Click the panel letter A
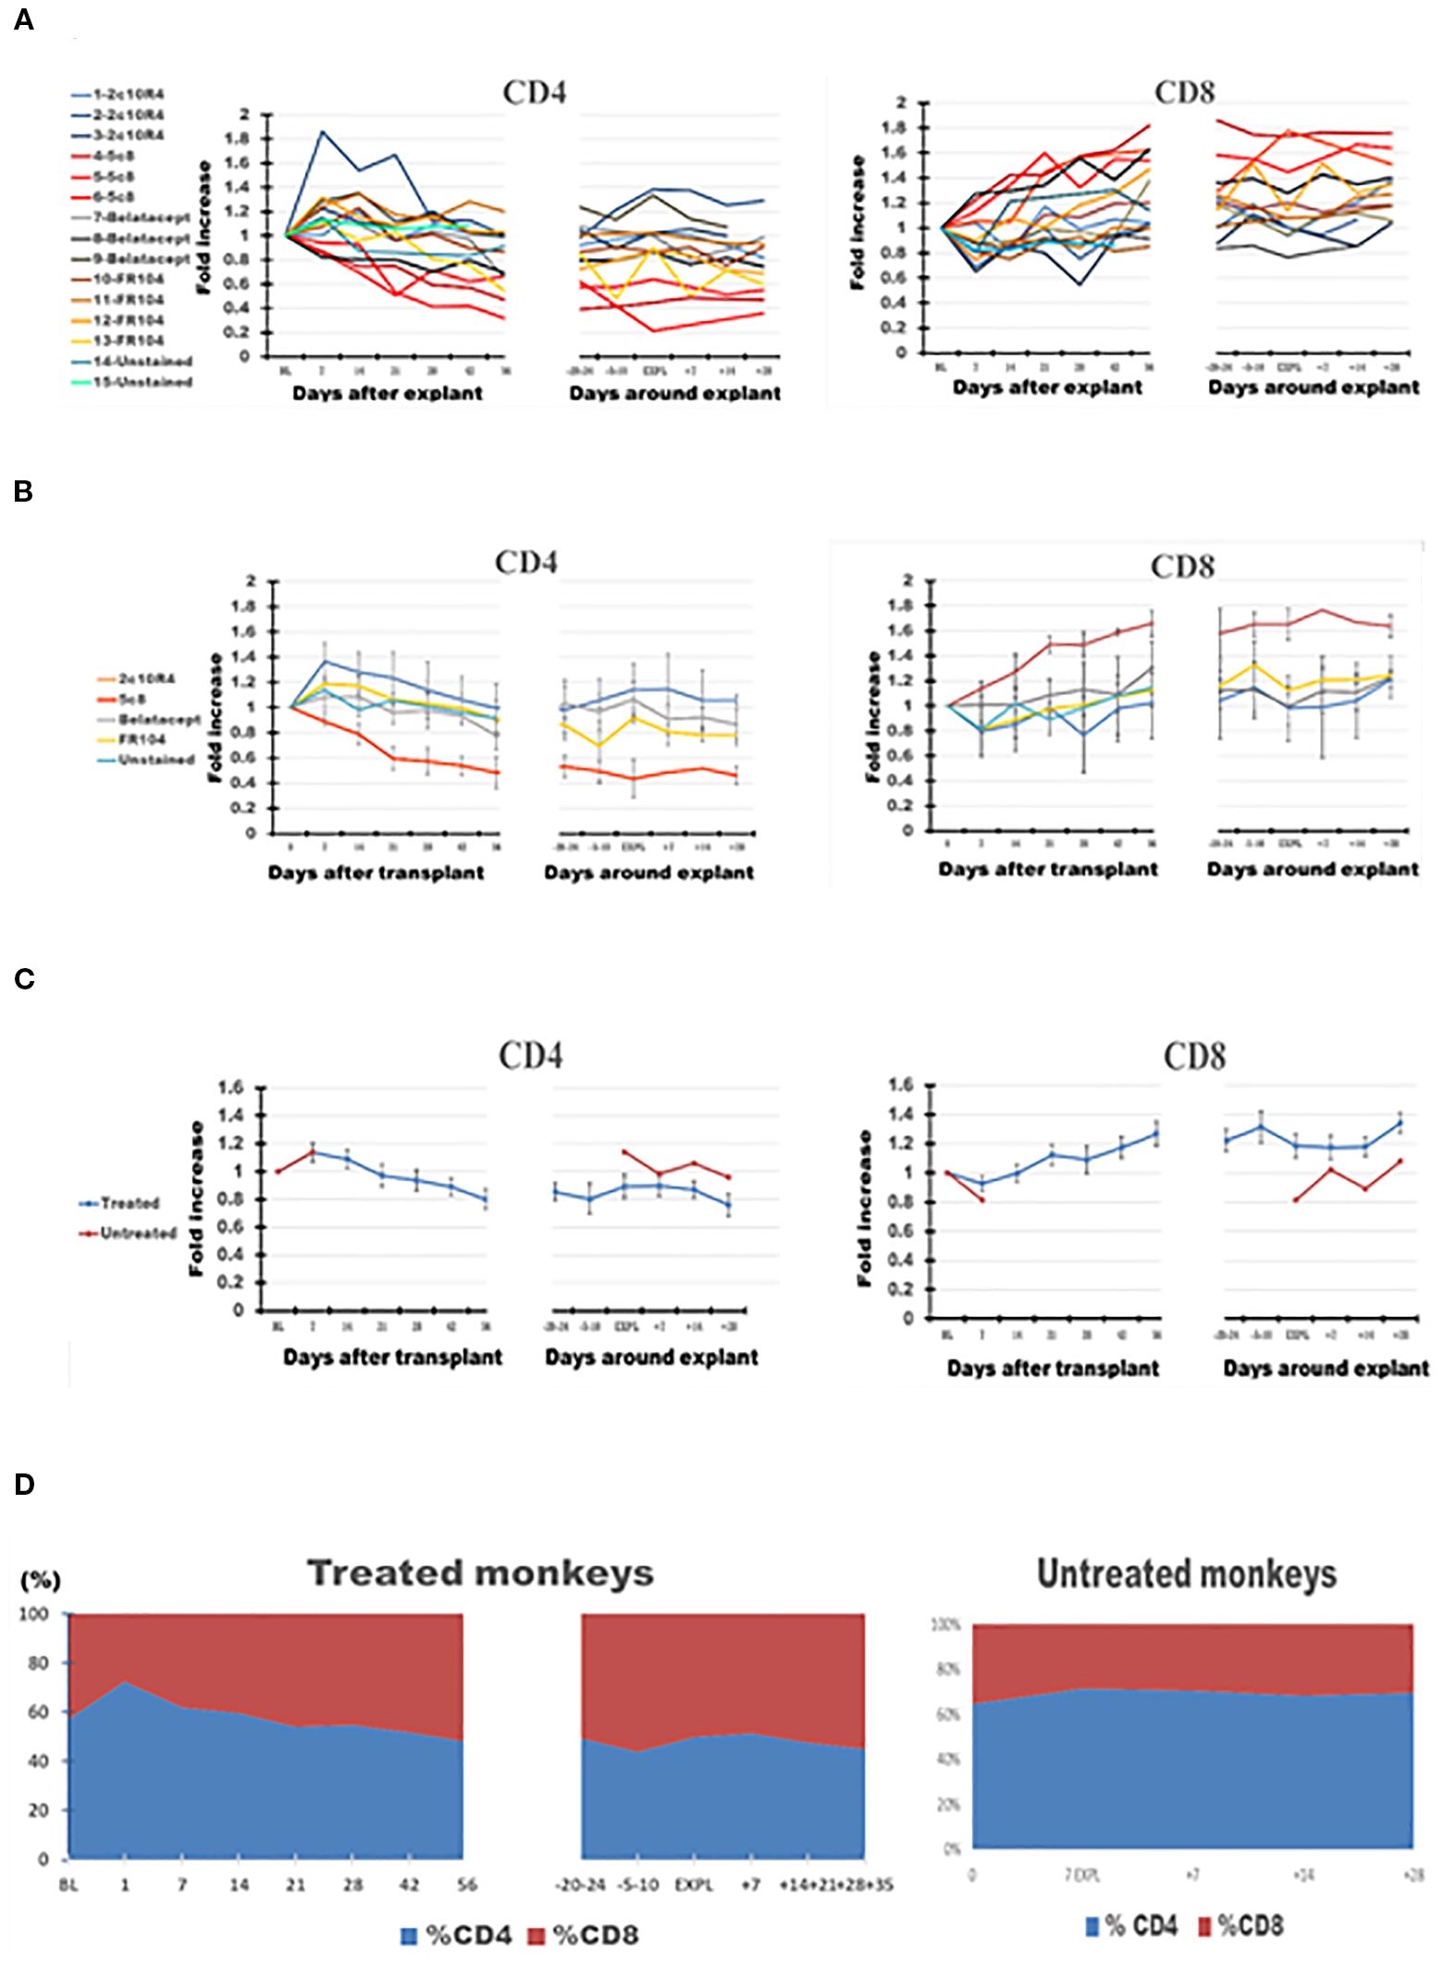point(24,20)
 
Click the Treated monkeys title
point(480,1573)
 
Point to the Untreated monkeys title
point(1187,1573)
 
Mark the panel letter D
point(25,1485)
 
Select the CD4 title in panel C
point(530,1056)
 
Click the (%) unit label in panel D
point(41,1581)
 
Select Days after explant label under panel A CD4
point(387,393)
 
